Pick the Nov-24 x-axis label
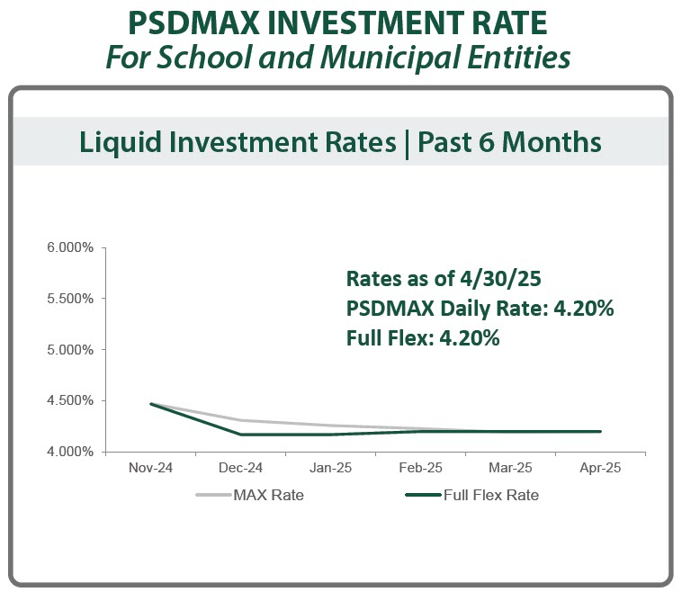[149, 469]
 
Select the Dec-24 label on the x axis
[240, 469]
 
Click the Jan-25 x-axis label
[330, 469]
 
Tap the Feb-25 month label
[420, 469]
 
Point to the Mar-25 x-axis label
[510, 469]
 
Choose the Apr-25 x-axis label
[600, 469]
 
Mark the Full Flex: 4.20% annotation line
[422, 339]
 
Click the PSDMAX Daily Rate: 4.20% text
[480, 309]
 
